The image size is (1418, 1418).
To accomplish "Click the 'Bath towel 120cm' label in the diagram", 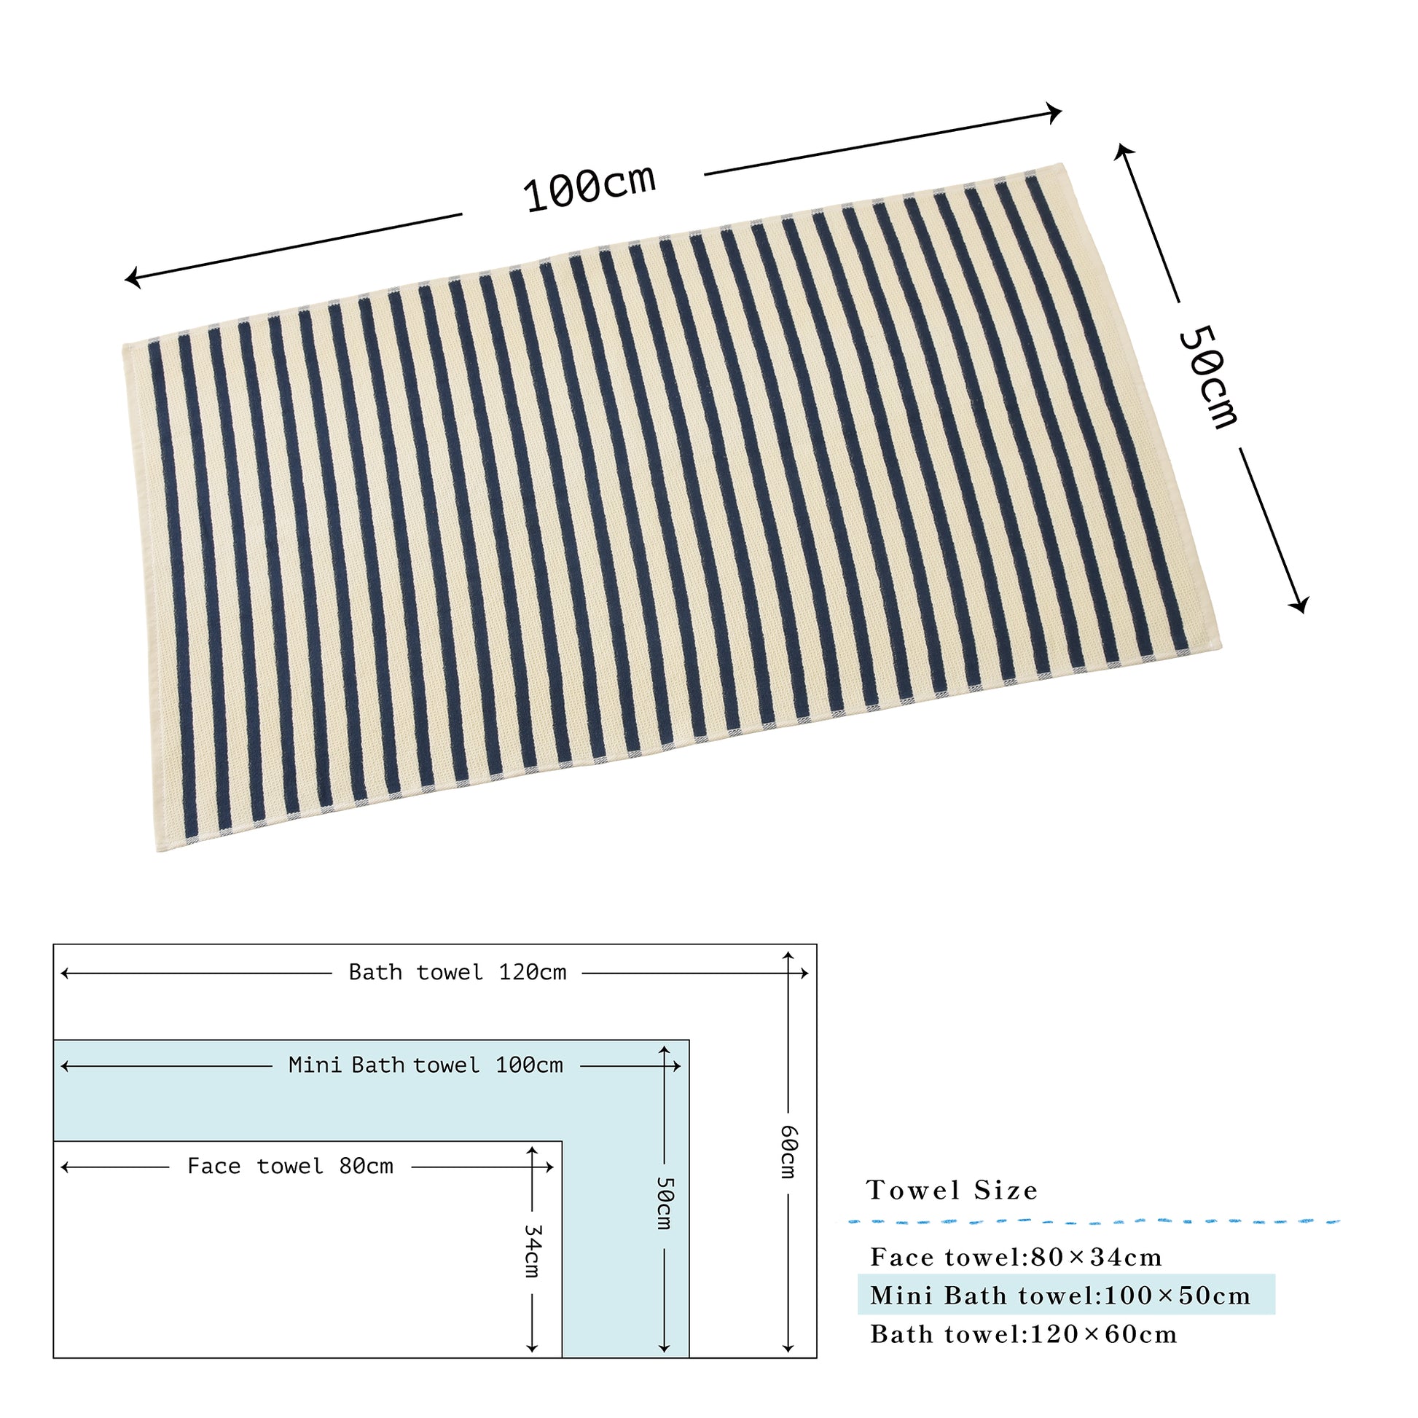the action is tap(458, 973).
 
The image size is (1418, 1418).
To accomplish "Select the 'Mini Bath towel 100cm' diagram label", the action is tap(426, 1065).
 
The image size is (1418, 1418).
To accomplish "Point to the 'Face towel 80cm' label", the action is tap(290, 1167).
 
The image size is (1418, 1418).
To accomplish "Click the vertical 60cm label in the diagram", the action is tap(788, 1151).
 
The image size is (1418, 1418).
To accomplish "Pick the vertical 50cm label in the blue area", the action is tap(665, 1203).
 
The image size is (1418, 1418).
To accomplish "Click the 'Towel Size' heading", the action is tap(952, 1190).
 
